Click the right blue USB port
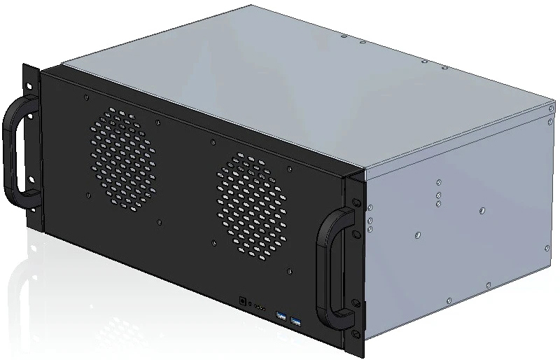coord(296,322)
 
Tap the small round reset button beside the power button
coord(251,305)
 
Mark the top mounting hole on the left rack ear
coord(30,83)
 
